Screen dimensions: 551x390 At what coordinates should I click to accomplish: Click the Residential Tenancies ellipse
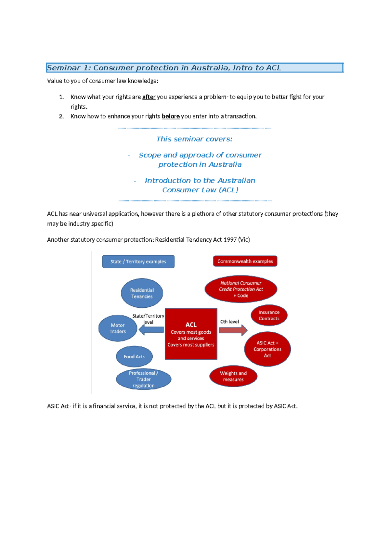(x=142, y=293)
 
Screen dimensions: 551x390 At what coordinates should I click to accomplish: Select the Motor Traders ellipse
(x=118, y=328)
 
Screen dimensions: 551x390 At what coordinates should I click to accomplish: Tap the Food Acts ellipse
(x=134, y=356)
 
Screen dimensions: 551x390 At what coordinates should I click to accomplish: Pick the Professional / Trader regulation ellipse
(x=143, y=379)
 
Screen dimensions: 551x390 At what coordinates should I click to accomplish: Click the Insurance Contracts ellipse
(x=269, y=315)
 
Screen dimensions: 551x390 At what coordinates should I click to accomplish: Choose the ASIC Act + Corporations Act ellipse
(x=267, y=349)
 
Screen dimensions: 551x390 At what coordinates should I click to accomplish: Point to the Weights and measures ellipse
(x=233, y=376)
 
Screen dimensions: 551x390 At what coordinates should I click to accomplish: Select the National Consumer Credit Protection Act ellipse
(x=240, y=289)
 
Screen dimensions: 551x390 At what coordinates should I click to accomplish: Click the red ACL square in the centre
(x=191, y=334)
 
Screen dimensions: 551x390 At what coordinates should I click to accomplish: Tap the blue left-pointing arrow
(x=151, y=330)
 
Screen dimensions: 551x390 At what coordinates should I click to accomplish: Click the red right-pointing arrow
(x=233, y=330)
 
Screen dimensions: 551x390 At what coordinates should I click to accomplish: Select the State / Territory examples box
(x=138, y=262)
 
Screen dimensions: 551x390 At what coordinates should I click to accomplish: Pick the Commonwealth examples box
(x=245, y=261)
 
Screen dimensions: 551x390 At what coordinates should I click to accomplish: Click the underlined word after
(x=149, y=97)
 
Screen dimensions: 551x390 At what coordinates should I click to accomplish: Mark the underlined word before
(x=171, y=116)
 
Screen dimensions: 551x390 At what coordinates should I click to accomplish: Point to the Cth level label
(x=229, y=322)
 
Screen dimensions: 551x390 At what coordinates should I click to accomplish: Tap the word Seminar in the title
(x=64, y=68)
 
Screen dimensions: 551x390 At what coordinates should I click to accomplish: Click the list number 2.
(x=61, y=116)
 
